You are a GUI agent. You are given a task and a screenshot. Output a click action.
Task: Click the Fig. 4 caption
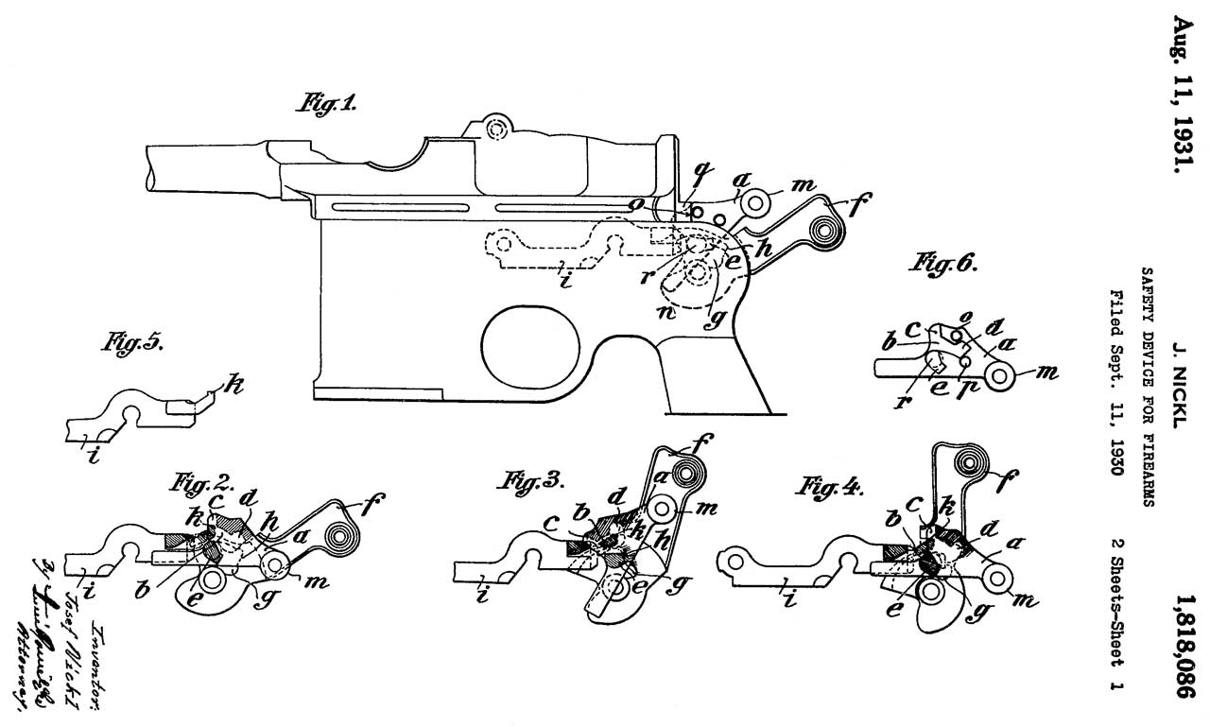pos(832,489)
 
